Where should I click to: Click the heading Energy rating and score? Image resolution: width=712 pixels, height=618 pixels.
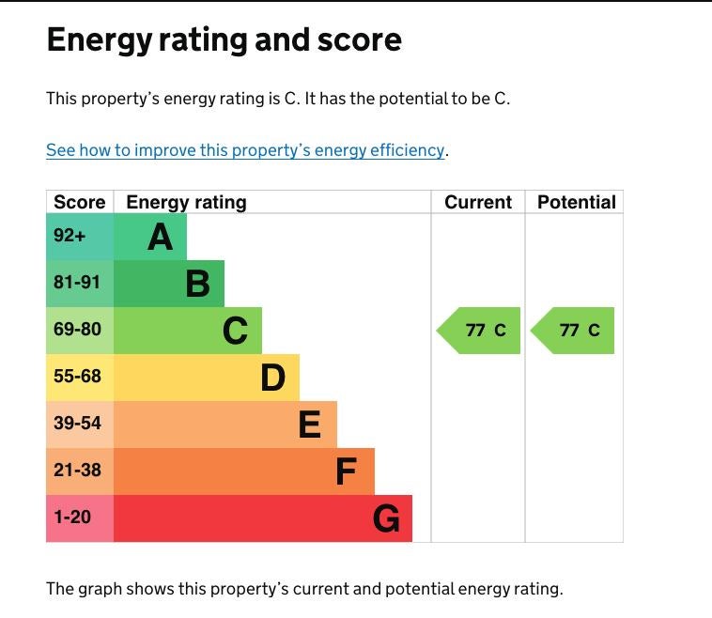(x=224, y=39)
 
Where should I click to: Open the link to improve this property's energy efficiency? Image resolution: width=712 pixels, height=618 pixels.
(x=245, y=150)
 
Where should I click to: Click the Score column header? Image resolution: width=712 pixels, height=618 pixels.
(x=80, y=202)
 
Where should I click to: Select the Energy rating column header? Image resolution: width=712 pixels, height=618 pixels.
(x=186, y=202)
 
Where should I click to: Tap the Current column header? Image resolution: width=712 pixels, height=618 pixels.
(x=478, y=202)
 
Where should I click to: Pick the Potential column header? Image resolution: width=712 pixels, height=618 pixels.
(x=576, y=202)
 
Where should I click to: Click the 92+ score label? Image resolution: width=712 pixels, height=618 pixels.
(x=70, y=236)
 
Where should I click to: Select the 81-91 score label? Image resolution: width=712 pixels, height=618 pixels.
(x=77, y=283)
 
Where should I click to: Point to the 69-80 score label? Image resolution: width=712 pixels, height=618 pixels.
(x=77, y=330)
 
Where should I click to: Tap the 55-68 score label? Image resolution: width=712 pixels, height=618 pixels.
(x=77, y=377)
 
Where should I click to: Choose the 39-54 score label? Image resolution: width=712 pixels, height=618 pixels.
(x=77, y=424)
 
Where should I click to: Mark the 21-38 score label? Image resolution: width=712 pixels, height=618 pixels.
(x=77, y=470)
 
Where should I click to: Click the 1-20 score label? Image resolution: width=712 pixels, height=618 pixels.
(x=72, y=517)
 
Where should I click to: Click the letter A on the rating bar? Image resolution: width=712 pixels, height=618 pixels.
(x=161, y=238)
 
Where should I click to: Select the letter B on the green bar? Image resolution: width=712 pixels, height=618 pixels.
(x=197, y=284)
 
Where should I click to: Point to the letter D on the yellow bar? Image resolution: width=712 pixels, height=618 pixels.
(x=272, y=378)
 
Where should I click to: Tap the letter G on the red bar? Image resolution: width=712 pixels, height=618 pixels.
(x=386, y=518)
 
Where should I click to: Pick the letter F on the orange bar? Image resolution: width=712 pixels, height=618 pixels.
(x=347, y=471)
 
